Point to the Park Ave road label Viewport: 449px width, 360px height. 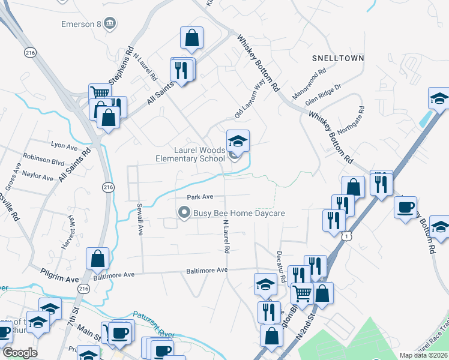click(200, 197)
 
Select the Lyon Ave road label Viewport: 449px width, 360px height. click(65, 146)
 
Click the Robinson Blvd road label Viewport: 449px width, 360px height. click(43, 162)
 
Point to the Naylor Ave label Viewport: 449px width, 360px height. click(38, 176)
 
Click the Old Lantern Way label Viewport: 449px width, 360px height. click(250, 100)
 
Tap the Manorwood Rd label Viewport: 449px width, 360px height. click(308, 84)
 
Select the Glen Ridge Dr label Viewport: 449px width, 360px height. click(323, 95)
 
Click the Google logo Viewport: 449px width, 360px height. click(19, 352)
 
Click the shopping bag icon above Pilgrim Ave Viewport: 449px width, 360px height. click(97, 259)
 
